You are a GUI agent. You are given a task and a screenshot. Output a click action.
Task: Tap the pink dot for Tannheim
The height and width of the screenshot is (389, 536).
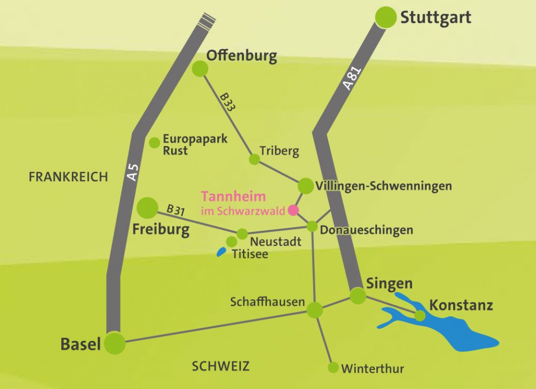[293, 210]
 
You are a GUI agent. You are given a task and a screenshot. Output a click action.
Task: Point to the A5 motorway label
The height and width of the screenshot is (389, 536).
[133, 173]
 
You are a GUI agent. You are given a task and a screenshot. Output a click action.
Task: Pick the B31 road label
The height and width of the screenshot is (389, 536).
[175, 210]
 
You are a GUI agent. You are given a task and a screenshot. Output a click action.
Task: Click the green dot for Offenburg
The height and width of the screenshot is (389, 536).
[200, 69]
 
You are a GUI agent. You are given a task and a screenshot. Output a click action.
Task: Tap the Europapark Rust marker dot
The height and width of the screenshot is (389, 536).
[154, 142]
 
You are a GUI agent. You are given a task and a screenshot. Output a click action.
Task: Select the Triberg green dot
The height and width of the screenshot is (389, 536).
[254, 159]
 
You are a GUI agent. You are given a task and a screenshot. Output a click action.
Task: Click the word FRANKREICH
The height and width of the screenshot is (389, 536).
[68, 177]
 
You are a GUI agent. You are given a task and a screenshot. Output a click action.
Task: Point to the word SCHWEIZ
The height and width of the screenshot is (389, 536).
[220, 366]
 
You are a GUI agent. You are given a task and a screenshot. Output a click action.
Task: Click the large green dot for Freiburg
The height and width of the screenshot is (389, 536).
[147, 208]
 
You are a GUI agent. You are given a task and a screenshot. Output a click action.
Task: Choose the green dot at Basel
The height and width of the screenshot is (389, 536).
[115, 343]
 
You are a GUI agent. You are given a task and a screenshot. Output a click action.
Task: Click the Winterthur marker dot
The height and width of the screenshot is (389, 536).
[333, 368]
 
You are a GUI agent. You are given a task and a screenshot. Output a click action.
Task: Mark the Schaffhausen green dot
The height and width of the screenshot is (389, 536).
[315, 310]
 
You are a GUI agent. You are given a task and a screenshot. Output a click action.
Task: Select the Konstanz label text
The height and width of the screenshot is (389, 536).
[461, 305]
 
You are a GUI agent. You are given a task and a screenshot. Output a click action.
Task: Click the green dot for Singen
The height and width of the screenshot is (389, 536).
[358, 296]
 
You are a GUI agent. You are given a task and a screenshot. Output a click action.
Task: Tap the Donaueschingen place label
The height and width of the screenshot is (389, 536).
[366, 230]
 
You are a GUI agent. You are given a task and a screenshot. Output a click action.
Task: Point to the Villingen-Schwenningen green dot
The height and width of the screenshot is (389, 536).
[305, 185]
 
